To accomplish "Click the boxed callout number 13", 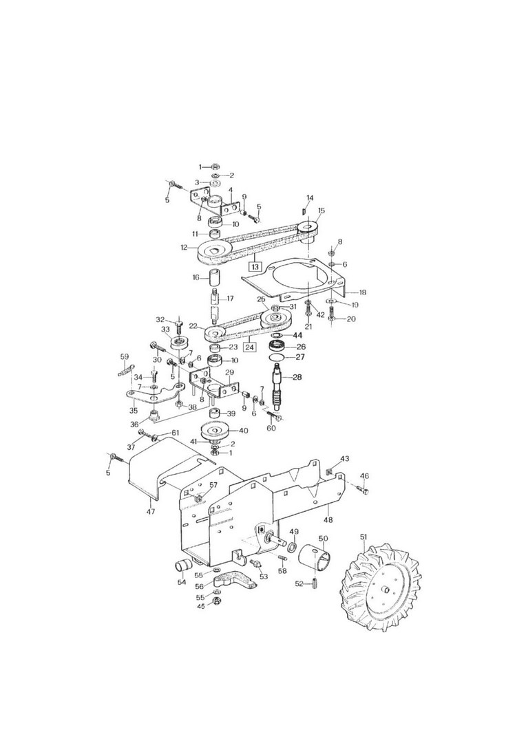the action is (255, 266).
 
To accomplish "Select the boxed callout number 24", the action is (250, 347).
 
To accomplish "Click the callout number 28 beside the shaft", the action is (297, 378).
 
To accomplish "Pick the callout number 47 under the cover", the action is (151, 511).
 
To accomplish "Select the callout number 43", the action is (345, 459).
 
